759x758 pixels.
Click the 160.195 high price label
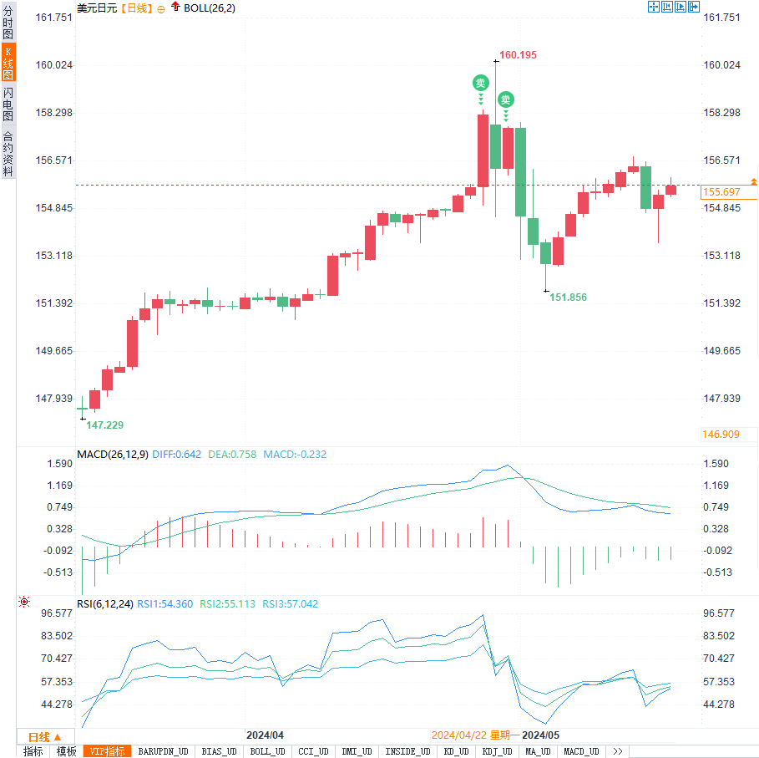tap(518, 55)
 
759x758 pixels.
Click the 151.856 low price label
tap(568, 297)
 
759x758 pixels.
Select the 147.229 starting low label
tap(104, 425)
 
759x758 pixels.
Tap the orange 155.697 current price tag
tap(721, 192)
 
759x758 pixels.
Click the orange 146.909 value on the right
tap(721, 434)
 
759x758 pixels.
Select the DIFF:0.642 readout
tap(177, 455)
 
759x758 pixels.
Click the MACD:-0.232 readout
tap(295, 455)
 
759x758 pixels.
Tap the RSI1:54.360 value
tap(165, 603)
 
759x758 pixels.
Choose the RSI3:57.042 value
tap(291, 603)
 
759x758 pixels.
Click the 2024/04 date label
tap(265, 735)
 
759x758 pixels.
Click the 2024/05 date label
tap(540, 735)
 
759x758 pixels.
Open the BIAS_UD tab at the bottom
tap(220, 751)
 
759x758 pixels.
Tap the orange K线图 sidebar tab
tap(8, 64)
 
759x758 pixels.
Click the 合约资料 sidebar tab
tap(8, 153)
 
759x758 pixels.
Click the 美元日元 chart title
tap(96, 8)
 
